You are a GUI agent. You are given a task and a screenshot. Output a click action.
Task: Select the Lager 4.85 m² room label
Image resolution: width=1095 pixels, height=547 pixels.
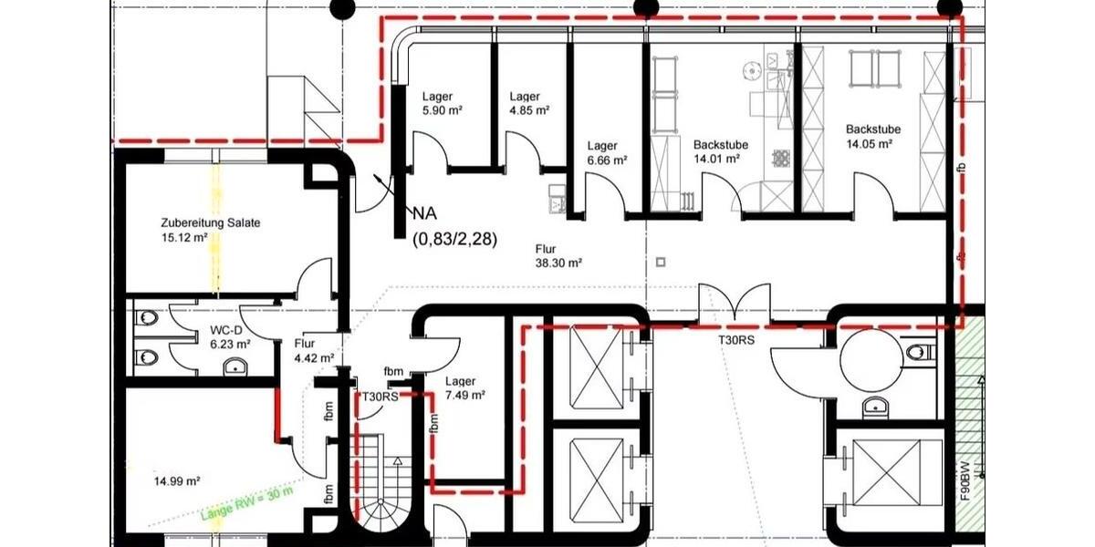click(x=528, y=103)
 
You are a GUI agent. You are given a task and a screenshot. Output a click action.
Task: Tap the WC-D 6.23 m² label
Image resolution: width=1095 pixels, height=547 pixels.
click(x=229, y=337)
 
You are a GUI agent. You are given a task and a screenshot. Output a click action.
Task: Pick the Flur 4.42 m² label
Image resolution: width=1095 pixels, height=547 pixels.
click(x=313, y=351)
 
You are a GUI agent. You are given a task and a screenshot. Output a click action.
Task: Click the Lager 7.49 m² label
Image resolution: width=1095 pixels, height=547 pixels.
click(x=464, y=388)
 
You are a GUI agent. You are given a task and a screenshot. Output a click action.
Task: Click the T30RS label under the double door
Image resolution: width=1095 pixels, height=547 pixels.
click(x=735, y=339)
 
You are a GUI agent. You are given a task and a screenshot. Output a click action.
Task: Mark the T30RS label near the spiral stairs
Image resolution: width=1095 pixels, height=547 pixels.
click(x=377, y=397)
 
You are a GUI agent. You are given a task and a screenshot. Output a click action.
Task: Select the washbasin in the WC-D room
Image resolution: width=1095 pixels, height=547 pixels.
click(x=236, y=367)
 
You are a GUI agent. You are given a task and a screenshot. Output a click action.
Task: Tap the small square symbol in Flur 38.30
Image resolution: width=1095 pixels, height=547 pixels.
click(x=661, y=263)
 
